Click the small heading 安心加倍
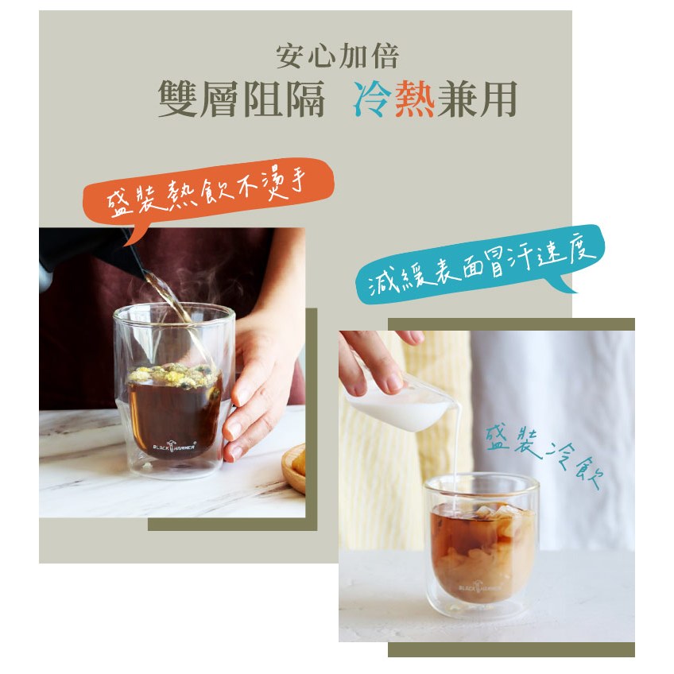tap(338, 56)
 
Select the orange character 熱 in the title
tap(414, 99)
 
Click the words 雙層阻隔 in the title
tap(241, 99)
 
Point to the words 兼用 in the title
tap(477, 99)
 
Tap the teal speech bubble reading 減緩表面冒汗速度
tap(480, 264)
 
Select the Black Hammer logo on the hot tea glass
tap(174, 446)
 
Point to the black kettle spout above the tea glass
tap(134, 251)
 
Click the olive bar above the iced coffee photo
tap(511, 324)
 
